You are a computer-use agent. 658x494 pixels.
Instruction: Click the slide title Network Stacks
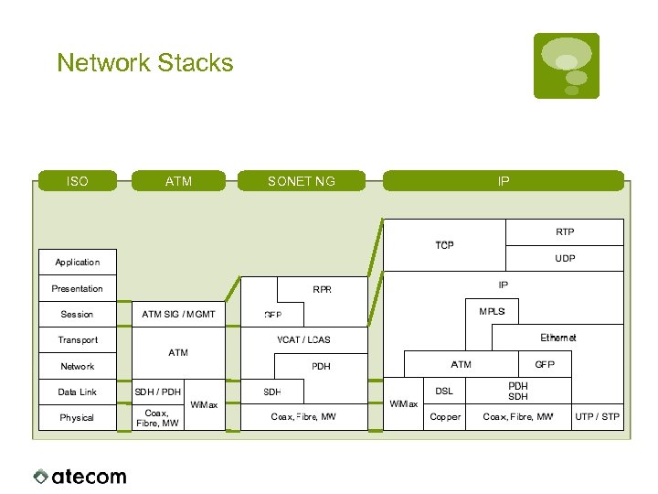click(x=144, y=63)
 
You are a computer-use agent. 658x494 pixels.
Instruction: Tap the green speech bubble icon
click(x=566, y=65)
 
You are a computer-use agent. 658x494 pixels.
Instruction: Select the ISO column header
click(x=78, y=181)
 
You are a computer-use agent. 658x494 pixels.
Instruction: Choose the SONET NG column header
click(x=301, y=181)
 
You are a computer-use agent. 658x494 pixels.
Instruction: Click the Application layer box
click(x=78, y=263)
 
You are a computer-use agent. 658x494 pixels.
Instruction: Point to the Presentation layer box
click(x=78, y=288)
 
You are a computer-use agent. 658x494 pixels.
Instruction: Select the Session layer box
click(x=78, y=314)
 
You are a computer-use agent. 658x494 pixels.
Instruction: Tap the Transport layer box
click(x=78, y=340)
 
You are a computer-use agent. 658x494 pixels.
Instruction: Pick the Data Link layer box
click(x=78, y=392)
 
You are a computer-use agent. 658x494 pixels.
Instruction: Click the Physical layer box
click(x=78, y=418)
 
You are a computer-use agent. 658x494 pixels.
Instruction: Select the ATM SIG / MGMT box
click(x=178, y=314)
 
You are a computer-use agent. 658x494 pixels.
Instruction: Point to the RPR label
click(x=322, y=290)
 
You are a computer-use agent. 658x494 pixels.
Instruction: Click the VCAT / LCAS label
click(x=303, y=340)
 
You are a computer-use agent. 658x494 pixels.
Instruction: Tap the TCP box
click(x=444, y=245)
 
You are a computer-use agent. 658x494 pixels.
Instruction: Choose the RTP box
click(x=565, y=232)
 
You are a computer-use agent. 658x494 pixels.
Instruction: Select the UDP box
click(x=565, y=258)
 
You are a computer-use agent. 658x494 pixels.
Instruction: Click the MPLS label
click(x=492, y=312)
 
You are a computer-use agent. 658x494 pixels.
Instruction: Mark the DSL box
click(x=444, y=392)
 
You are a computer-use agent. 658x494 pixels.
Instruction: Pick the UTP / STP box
click(x=597, y=417)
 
